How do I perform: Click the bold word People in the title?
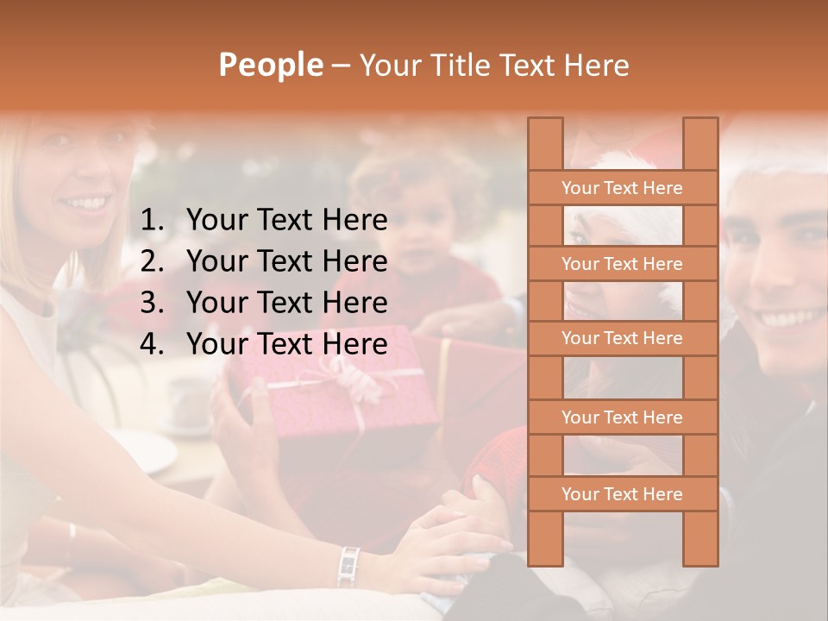click(270, 65)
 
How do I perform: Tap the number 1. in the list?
click(153, 221)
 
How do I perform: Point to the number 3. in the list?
click(153, 303)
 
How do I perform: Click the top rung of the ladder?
click(622, 188)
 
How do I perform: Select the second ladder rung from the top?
click(622, 264)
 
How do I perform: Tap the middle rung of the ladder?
click(622, 339)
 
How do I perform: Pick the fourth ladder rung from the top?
click(622, 417)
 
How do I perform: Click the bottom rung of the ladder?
click(622, 494)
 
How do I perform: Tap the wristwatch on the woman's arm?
click(349, 565)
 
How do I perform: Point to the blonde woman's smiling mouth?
click(86, 204)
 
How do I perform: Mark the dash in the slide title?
click(340, 66)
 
